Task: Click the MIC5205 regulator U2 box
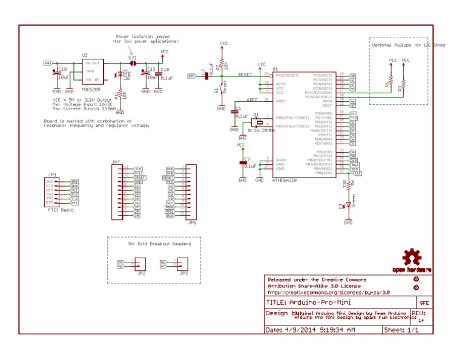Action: [x=93, y=72]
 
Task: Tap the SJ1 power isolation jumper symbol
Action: [x=134, y=63]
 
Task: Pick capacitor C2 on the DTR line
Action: [x=208, y=75]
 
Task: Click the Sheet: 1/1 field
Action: [x=400, y=330]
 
